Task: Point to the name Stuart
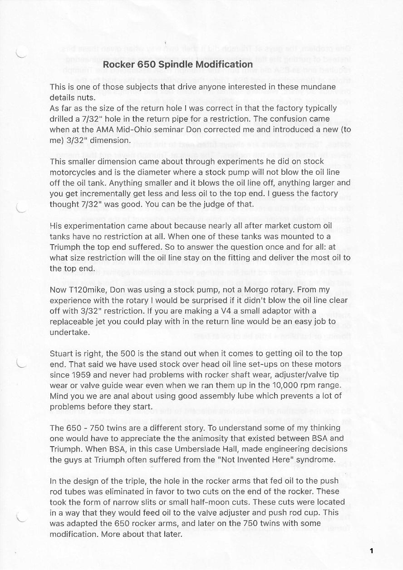(x=62, y=354)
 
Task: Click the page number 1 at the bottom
(x=371, y=551)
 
